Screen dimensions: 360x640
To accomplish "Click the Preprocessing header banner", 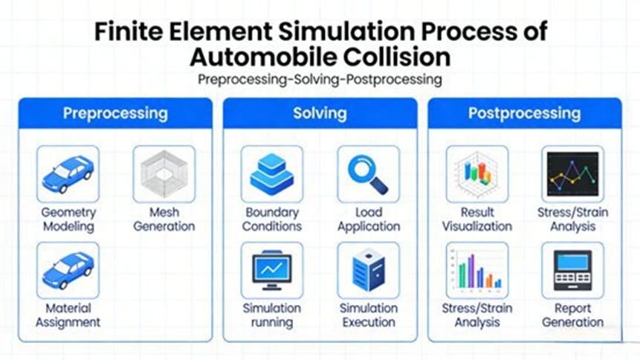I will coord(115,114).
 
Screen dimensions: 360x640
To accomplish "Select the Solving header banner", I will coord(320,114).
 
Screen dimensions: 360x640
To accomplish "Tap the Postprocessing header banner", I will coord(524,114).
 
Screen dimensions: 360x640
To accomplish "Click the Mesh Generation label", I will coord(164,219).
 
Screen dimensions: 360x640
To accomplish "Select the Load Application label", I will coord(368,219).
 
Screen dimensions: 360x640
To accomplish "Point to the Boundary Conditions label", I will coord(273,219).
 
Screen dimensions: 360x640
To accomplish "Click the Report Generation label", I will coord(572,315).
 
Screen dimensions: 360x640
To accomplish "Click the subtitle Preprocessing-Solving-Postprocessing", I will coord(320,80).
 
